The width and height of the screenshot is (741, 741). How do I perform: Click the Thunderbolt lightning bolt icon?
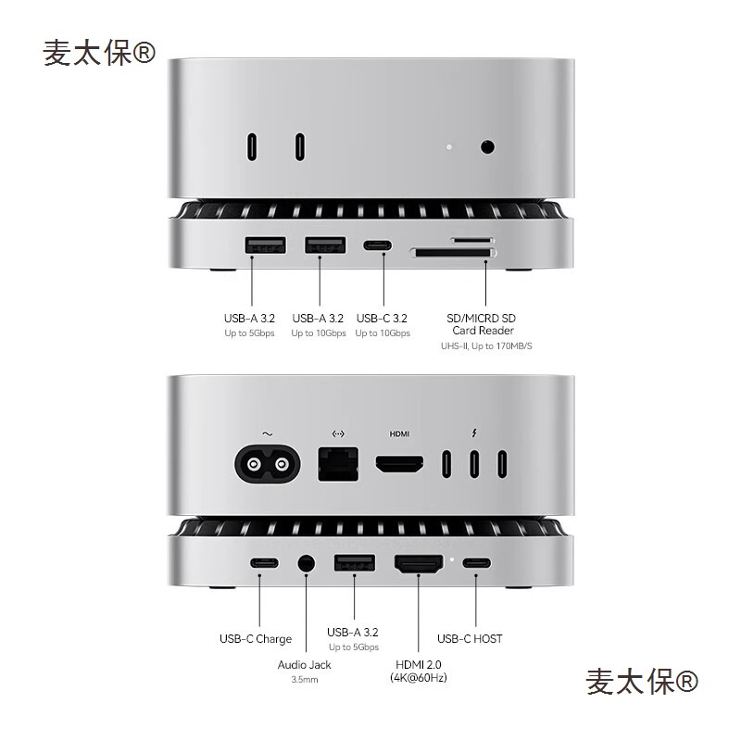(x=474, y=433)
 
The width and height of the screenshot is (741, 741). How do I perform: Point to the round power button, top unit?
(x=487, y=145)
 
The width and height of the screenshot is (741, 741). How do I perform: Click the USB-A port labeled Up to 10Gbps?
(x=325, y=246)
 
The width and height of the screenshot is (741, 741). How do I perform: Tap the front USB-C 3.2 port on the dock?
(x=377, y=246)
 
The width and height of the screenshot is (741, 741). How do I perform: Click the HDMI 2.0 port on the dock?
(x=419, y=563)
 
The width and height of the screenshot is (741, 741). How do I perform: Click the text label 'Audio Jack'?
(x=304, y=664)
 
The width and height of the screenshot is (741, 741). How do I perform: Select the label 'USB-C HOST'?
(x=470, y=638)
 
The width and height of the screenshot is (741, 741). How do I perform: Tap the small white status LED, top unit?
(x=449, y=145)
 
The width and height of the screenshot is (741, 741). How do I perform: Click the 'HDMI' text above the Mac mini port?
(x=399, y=433)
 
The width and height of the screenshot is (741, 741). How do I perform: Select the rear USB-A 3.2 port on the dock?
(x=353, y=562)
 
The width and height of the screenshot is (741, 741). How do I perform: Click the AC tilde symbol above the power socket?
(x=268, y=433)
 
